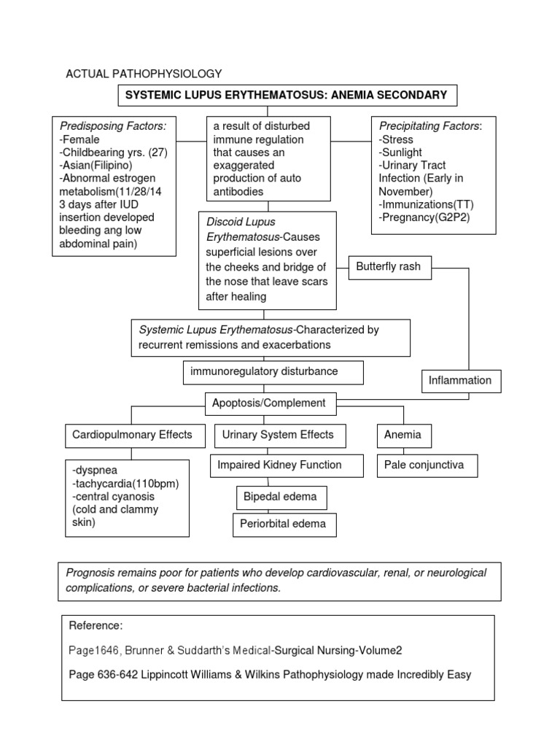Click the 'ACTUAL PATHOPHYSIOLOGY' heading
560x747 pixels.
tap(144, 74)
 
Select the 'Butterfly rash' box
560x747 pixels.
tap(388, 267)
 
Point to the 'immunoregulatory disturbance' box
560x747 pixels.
tap(264, 372)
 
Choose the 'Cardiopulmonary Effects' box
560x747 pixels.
tap(132, 435)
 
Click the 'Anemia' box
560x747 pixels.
tap(403, 435)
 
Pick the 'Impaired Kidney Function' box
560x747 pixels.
tap(276, 465)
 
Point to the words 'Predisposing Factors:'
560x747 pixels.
tap(113, 126)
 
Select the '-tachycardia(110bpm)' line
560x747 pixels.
tap(126, 484)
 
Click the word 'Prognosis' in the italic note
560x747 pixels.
tap(90, 573)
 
